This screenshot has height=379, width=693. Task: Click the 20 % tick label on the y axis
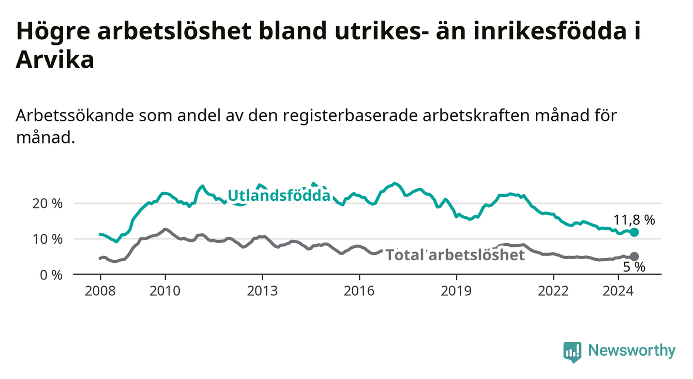coord(47,204)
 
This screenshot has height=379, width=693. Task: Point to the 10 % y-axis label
coord(47,240)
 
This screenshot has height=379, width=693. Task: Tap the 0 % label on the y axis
coord(51,275)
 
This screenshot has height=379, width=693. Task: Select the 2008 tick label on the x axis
coord(100,291)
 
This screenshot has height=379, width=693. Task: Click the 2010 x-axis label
coord(165,291)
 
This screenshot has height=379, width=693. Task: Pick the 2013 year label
coord(262,291)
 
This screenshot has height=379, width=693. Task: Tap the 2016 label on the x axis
coord(359,291)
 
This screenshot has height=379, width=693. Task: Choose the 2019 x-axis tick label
coord(456,291)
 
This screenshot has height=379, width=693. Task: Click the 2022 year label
coord(553,291)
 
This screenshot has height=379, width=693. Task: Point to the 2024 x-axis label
coord(618,291)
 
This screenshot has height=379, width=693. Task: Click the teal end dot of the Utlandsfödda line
coord(634,232)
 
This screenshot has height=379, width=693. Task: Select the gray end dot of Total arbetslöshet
coord(634,257)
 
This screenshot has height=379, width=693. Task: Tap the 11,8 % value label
coord(634,220)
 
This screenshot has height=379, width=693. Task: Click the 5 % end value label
coord(634,267)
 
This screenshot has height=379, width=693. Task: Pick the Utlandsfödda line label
coord(279,196)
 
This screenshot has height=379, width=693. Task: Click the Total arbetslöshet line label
coord(456,255)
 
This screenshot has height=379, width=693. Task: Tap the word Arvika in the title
coord(55,59)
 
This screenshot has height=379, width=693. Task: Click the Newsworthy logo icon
coord(573,352)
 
